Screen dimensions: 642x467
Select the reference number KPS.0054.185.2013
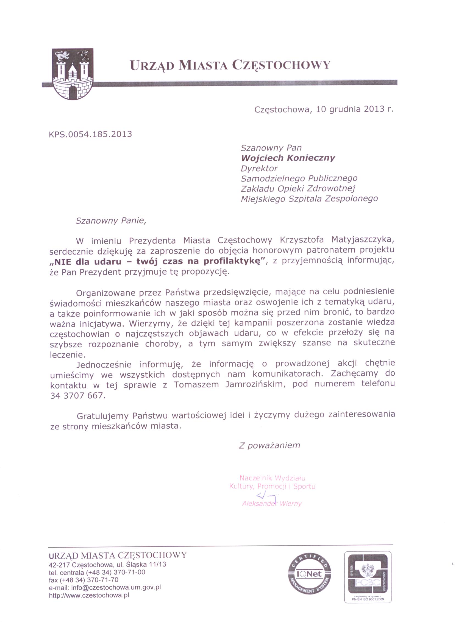coord(91,134)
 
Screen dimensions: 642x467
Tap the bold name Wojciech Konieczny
coord(288,158)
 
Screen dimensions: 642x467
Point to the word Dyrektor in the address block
coord(259,168)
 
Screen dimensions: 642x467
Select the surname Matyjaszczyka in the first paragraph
coord(363,240)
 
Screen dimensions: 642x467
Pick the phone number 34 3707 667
coord(77,395)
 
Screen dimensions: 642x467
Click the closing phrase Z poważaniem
coord(269,446)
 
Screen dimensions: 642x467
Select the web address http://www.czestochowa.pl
coord(89,595)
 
